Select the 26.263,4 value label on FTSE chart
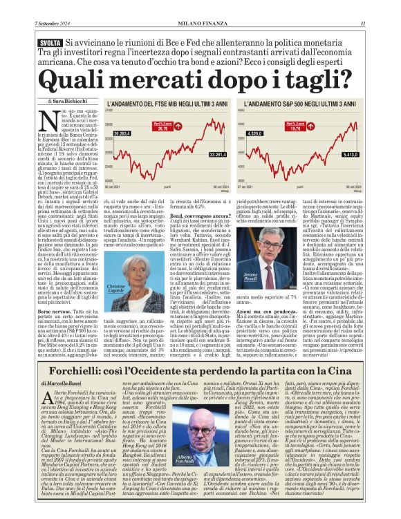click(x=122, y=133)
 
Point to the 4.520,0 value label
click(x=255, y=133)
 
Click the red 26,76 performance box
click(x=163, y=128)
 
